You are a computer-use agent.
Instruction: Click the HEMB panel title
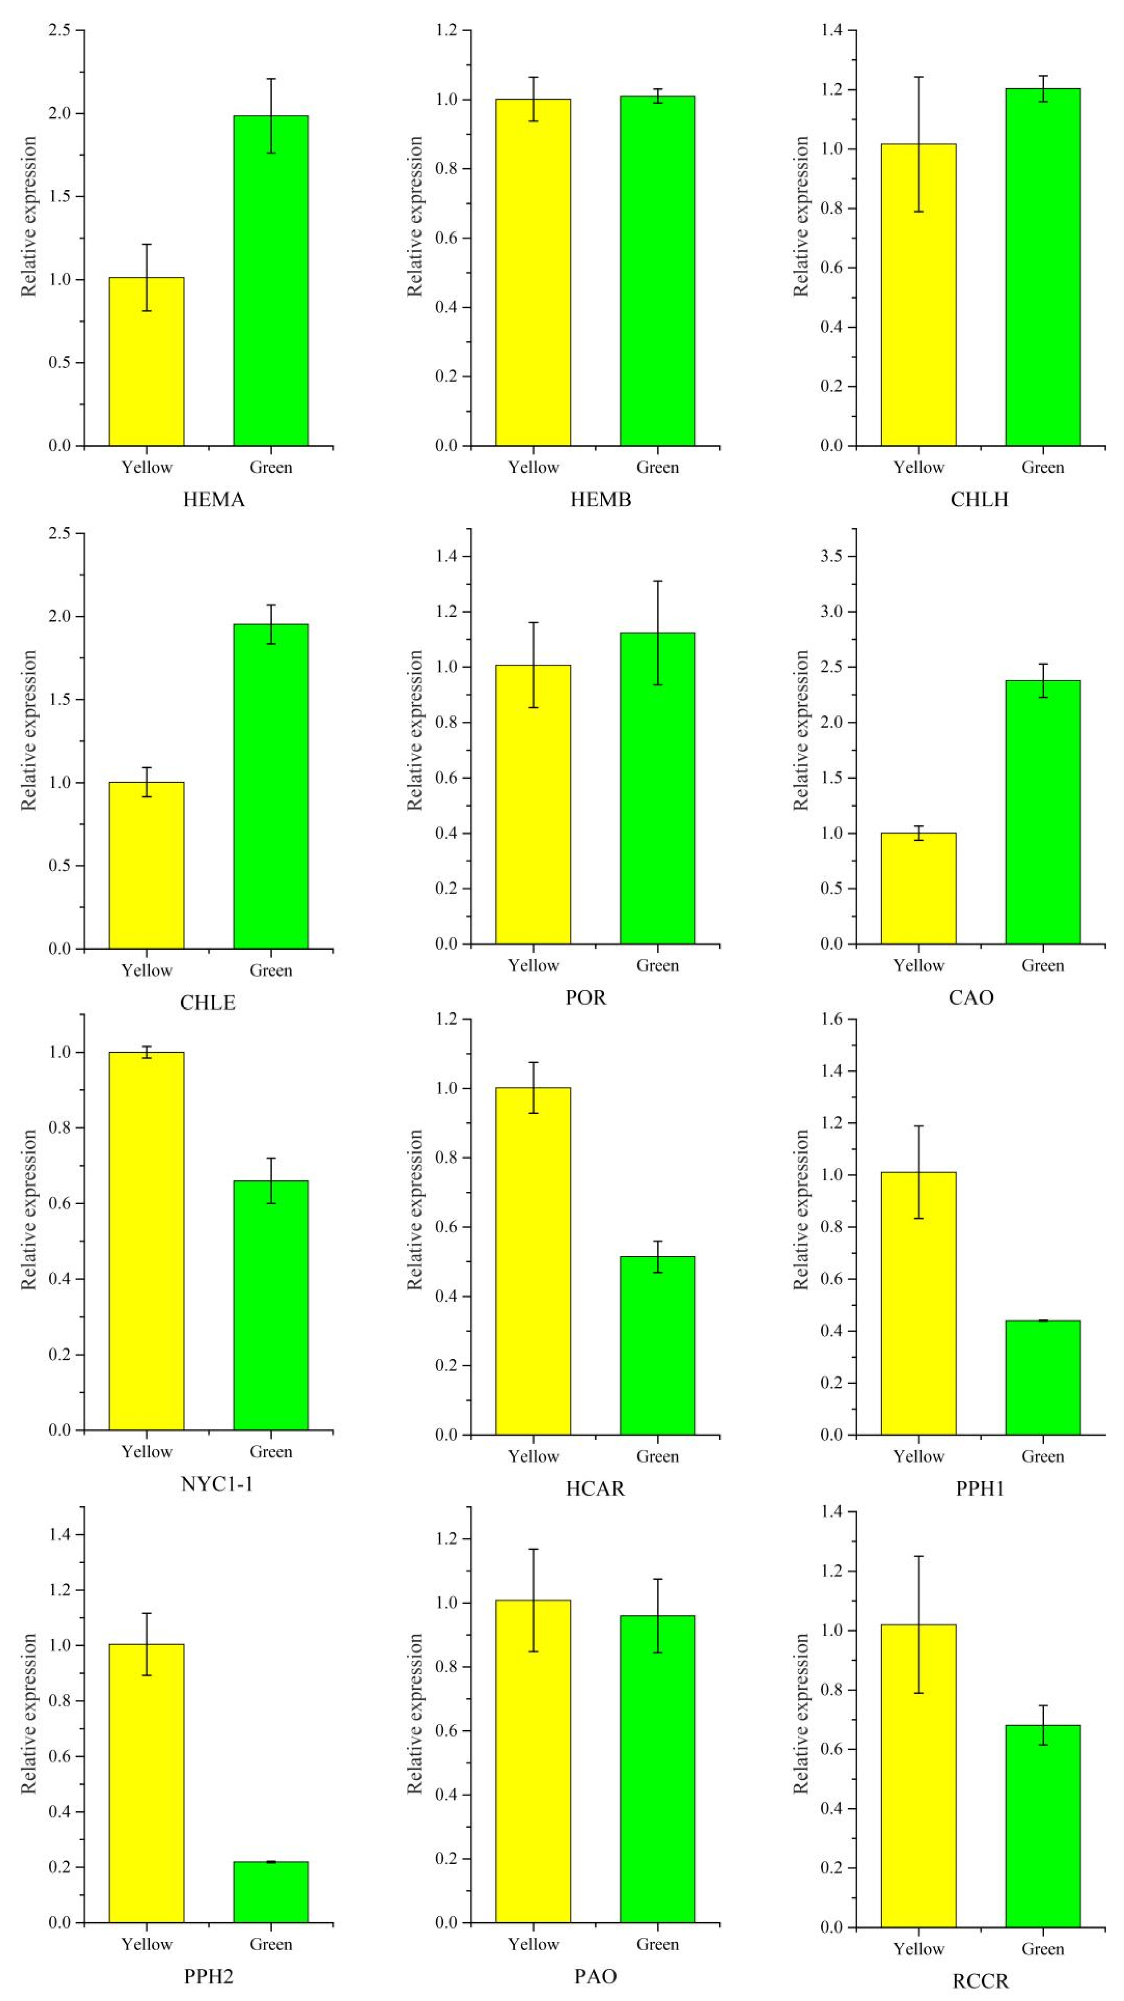click(600, 500)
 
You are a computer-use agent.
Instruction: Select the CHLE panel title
click(208, 1003)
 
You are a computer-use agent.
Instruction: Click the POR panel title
click(586, 998)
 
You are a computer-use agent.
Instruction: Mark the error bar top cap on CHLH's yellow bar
click(918, 77)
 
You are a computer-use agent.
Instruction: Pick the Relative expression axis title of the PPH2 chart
click(29, 1713)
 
